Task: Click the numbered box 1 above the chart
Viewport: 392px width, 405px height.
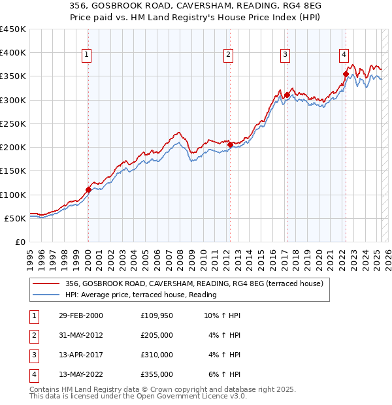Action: click(88, 56)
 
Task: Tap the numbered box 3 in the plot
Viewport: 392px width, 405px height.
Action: click(286, 56)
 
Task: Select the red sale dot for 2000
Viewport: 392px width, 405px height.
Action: click(88, 190)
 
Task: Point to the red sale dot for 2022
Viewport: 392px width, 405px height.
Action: click(346, 74)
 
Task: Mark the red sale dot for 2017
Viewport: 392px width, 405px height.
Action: click(287, 95)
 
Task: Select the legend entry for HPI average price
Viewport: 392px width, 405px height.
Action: click(140, 295)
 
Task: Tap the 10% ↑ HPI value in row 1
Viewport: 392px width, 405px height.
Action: click(222, 316)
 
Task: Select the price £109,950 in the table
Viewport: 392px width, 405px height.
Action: click(157, 316)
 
